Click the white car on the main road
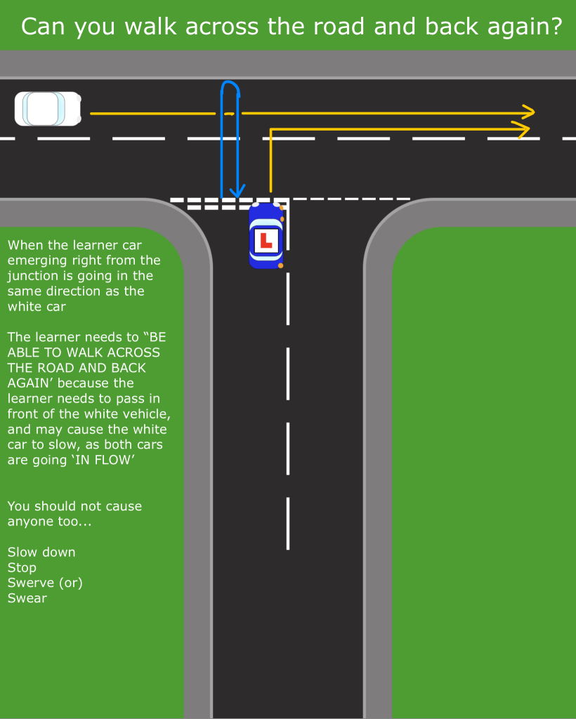coord(48,109)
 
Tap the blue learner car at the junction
coord(266,236)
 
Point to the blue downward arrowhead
coord(239,190)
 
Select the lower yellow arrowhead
coord(521,128)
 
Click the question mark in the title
coord(556,27)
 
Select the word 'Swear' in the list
coord(27,598)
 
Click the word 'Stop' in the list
coord(22,567)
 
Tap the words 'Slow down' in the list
coord(41,552)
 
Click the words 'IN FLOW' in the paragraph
coord(106,460)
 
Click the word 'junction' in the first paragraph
coord(34,276)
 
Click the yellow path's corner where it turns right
coord(271,130)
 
